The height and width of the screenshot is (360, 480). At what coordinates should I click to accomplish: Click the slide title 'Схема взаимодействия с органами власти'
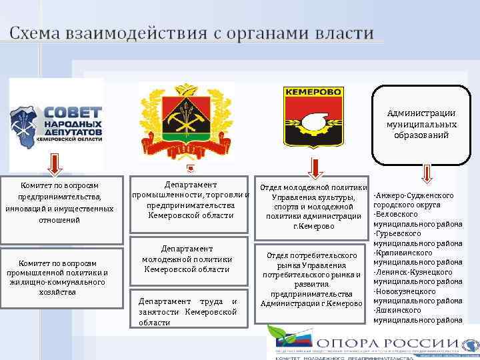[192, 33]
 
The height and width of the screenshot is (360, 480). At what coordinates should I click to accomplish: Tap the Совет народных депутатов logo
[57, 123]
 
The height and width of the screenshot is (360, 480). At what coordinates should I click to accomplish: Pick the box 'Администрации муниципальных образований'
[421, 125]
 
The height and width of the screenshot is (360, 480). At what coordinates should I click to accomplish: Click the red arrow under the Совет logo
[55, 164]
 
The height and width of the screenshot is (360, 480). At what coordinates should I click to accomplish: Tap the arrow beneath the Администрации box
[427, 173]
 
